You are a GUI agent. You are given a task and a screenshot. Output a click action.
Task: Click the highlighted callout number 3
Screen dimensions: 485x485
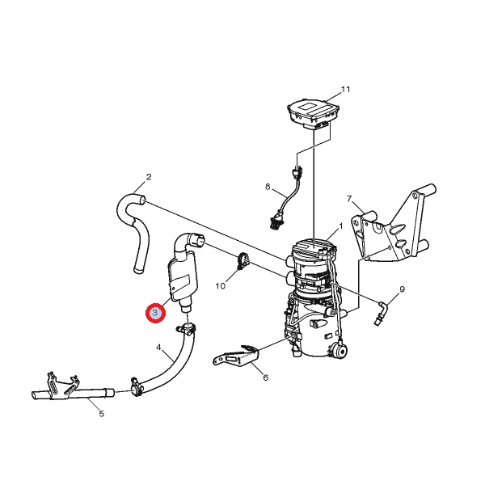click(155, 313)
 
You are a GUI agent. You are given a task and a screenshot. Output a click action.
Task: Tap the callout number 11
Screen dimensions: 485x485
click(345, 90)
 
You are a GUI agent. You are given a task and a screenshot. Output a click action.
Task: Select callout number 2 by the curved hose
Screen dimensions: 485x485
click(149, 177)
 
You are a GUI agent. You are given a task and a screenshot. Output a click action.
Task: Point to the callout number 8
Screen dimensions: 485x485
click(268, 187)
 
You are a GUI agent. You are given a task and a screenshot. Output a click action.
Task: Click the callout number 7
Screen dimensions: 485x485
click(349, 199)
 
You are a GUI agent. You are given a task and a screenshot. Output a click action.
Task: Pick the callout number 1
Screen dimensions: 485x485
click(341, 226)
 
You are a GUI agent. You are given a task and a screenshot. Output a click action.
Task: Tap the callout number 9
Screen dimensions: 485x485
click(402, 289)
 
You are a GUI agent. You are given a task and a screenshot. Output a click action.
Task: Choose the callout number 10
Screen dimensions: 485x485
click(220, 286)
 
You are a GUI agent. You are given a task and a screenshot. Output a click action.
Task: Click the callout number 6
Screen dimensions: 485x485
click(265, 377)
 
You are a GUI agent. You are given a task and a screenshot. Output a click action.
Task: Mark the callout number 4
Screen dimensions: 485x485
click(158, 348)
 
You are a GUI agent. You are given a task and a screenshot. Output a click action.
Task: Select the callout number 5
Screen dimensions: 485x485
click(102, 413)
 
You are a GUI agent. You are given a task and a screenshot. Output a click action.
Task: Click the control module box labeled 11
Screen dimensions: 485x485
click(313, 113)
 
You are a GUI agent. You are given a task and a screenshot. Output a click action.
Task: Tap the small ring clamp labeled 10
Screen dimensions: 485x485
click(242, 260)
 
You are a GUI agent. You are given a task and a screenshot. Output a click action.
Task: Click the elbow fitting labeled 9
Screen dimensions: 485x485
click(381, 313)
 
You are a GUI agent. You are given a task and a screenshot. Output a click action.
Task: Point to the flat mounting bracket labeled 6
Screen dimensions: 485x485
click(235, 356)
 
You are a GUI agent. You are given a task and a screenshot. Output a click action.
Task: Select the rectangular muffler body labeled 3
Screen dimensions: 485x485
click(183, 276)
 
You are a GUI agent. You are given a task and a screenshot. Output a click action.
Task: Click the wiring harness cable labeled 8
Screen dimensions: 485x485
click(286, 200)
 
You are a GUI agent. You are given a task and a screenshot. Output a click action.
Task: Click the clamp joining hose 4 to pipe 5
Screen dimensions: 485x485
click(136, 386)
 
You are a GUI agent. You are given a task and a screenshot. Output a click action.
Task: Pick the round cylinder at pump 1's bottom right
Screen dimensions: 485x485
click(340, 351)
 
